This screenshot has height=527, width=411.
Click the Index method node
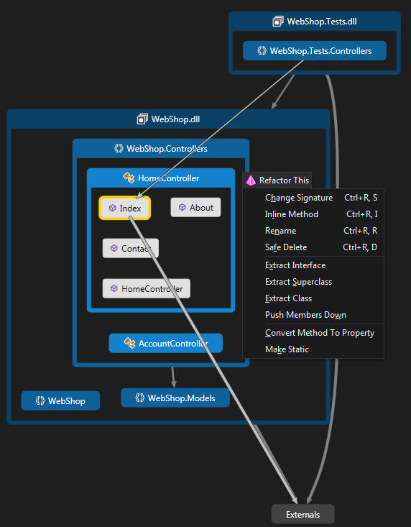point(124,208)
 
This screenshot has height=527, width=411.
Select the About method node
point(195,207)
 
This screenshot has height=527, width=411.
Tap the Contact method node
point(131,248)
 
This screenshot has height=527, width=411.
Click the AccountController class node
point(166,343)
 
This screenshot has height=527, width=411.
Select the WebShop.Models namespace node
point(175,398)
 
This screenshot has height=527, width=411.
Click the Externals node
point(303,514)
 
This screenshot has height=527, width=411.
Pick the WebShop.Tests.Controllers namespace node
point(315,51)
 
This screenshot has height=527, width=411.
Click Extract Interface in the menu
point(295,265)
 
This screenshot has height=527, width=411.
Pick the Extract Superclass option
point(298,282)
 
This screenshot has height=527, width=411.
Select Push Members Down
point(305,315)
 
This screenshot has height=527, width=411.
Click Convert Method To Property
point(320,333)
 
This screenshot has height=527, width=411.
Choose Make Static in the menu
point(287,349)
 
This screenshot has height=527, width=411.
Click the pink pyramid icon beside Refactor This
point(251,180)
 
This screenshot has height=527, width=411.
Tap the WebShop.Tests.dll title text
point(322,22)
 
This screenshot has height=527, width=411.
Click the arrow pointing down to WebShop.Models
point(173,377)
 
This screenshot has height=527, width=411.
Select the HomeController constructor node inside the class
point(147,288)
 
